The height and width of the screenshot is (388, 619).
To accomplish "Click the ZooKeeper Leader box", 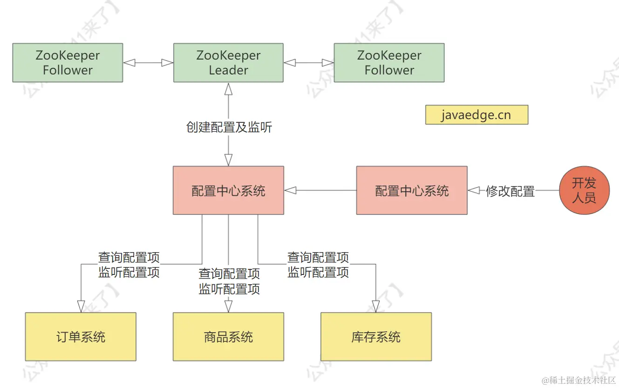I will pos(228,63).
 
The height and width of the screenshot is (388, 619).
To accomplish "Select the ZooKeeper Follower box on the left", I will pos(68,63).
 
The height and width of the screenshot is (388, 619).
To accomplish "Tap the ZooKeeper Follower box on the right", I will pos(389,63).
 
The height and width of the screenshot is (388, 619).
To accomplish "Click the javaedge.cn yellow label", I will pos(476,115).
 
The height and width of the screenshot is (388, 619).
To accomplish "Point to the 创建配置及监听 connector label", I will pos(229,127).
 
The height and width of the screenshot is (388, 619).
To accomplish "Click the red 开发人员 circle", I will pos(584,191).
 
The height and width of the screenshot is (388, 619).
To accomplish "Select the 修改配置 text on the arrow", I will pos(510,191).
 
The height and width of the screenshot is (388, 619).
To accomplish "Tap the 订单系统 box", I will pos(81,337).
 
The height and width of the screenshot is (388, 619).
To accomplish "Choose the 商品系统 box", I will pos(228,337).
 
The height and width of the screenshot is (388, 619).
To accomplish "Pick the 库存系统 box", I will pos(376,337).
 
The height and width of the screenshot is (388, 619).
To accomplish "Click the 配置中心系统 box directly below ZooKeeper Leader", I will pos(228,190).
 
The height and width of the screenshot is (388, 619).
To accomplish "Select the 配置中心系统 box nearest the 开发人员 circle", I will pos(412,190).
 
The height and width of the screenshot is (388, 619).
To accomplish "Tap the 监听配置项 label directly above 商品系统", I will pos(229,289).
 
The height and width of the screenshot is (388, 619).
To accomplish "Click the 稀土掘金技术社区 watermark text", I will pos(578,380).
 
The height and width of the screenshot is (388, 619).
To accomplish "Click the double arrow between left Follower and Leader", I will pos(148,63).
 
